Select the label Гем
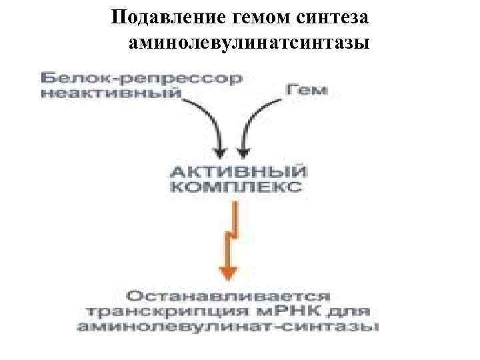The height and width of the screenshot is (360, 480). pos(308,89)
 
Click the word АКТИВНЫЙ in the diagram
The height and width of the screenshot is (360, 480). pos(236,171)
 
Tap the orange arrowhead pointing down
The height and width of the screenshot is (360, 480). pos(229,272)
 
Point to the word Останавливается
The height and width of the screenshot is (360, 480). pos(227,295)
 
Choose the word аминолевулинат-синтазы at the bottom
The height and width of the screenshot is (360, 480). pos(227,327)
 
